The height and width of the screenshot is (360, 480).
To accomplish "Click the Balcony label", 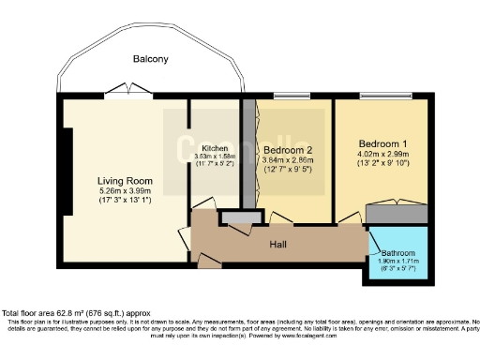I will (x=150, y=59).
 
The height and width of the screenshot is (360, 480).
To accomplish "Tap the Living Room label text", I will (x=126, y=181).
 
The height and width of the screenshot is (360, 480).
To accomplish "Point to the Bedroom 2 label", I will (x=288, y=150).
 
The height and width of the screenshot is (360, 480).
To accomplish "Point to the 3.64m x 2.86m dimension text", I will (x=288, y=160).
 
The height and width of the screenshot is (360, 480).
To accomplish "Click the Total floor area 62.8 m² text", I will (x=75, y=313).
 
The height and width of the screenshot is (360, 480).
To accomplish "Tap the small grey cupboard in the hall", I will (x=231, y=217).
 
